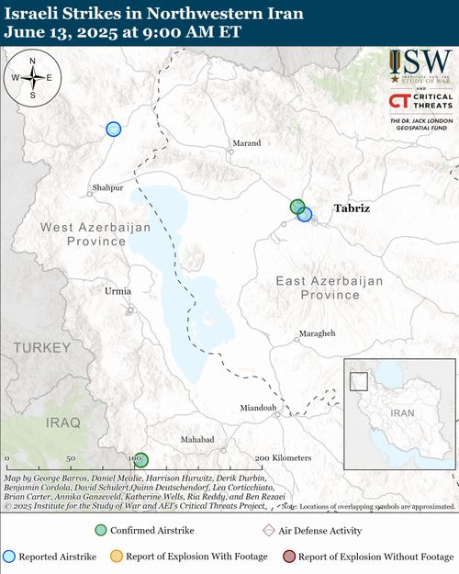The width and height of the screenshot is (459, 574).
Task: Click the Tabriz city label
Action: tap(352, 208)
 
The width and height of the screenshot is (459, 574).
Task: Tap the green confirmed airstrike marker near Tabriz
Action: tap(297, 207)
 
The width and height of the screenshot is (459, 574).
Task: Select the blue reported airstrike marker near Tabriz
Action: tap(305, 215)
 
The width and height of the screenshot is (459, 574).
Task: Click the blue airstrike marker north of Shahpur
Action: tap(113, 129)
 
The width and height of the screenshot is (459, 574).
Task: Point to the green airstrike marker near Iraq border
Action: tap(140, 460)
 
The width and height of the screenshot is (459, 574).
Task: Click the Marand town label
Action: tap(246, 143)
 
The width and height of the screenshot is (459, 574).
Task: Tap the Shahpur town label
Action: tap(107, 188)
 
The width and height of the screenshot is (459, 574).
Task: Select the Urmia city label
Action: tap(118, 291)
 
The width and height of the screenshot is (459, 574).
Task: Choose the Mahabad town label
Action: tap(196, 440)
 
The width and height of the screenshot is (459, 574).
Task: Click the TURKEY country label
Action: tap(41, 348)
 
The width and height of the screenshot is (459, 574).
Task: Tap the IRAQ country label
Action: tap(62, 422)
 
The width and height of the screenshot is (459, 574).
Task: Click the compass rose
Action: tap(33, 77)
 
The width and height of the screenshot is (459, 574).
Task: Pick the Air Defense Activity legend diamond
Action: tap(268, 531)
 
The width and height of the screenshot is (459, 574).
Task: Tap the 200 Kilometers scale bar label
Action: tap(284, 457)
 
